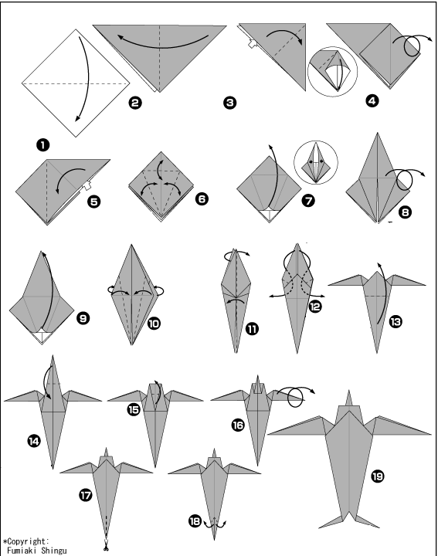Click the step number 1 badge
pyautogui.click(x=42, y=145)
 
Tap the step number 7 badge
pyautogui.click(x=308, y=201)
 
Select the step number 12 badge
pyautogui.click(x=315, y=306)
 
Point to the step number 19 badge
pyautogui.click(x=377, y=476)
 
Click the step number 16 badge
pyautogui.click(x=238, y=425)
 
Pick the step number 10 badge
pyautogui.click(x=154, y=324)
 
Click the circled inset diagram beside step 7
pyautogui.click(x=316, y=163)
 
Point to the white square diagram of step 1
pyautogui.click(x=76, y=83)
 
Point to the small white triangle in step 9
pyautogui.click(x=42, y=336)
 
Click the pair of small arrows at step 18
pyautogui.click(x=215, y=524)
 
